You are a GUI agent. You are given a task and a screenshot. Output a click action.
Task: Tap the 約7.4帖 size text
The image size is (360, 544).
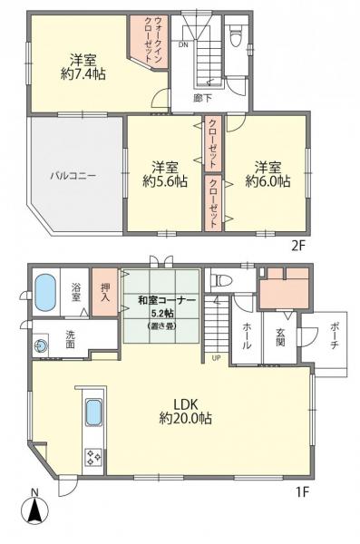point(83,73)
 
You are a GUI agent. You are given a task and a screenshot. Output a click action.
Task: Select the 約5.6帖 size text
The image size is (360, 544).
point(165,180)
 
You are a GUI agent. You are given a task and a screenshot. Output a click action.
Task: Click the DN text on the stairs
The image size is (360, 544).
point(182,44)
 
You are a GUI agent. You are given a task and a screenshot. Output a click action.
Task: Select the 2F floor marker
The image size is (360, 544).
point(299,244)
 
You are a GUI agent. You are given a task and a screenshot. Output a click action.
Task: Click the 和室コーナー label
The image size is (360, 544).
point(162,301)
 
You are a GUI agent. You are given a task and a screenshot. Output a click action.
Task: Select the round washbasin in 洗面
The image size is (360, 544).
point(41,345)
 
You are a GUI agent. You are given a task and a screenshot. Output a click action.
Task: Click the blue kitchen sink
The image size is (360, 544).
point(93,413)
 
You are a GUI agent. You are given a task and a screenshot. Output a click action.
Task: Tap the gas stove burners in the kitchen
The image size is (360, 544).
point(93,457)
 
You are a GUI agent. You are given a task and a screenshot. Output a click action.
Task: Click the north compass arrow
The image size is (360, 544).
point(34,510)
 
